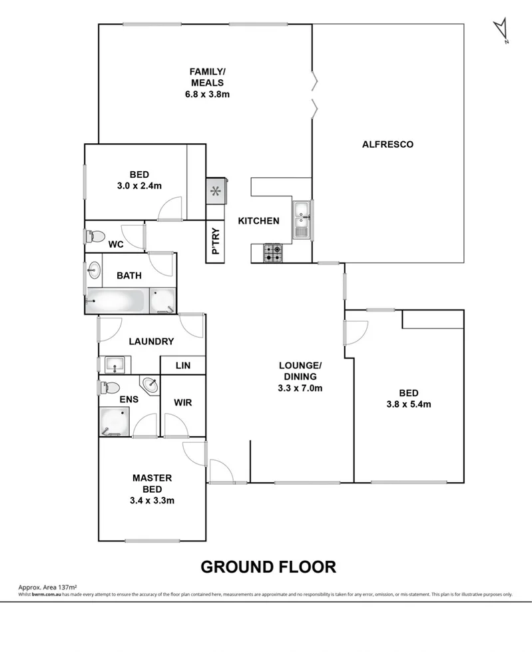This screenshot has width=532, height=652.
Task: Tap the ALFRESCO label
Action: (388, 144)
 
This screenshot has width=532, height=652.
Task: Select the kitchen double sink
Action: (302, 219)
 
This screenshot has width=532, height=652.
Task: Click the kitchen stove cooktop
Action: (273, 252)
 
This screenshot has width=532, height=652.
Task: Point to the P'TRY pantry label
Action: (216, 242)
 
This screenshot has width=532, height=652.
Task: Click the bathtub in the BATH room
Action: (117, 301)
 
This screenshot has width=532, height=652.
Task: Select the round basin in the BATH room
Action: (94, 270)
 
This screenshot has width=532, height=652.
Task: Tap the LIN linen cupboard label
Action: (182, 366)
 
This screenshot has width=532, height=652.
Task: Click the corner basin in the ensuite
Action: (150, 385)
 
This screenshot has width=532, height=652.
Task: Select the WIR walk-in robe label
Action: (183, 403)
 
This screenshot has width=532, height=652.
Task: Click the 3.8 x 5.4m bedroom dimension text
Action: (409, 404)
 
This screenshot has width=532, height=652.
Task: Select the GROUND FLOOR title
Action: (268, 567)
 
